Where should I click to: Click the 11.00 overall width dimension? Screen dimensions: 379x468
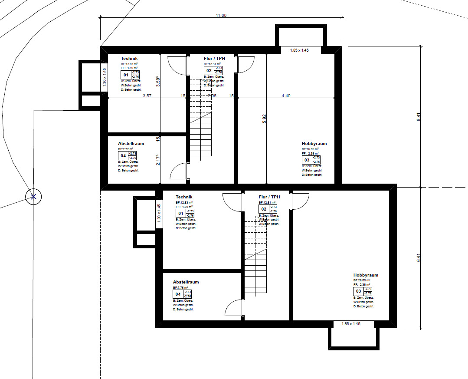tap(221, 15)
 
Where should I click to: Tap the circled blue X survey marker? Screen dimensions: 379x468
tap(33, 197)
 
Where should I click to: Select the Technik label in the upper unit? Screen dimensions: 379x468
tap(129, 59)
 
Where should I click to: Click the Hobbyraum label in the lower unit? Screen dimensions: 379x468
tap(366, 275)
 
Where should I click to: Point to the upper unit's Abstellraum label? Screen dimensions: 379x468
tap(131, 144)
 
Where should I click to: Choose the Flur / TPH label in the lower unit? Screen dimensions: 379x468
tap(269, 197)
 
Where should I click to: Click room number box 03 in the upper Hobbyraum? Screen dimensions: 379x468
tap(307, 160)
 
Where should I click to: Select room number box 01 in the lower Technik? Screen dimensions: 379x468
tap(180, 213)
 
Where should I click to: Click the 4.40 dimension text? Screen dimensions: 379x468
tap(286, 96)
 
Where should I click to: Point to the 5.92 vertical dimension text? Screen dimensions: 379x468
tap(264, 119)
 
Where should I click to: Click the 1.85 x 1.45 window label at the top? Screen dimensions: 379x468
tap(301, 50)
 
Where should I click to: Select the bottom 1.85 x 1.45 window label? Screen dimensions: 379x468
tap(351, 324)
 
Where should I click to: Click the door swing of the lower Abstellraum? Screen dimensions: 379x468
tap(233, 308)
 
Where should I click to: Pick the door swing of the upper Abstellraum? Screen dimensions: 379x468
tap(178, 171)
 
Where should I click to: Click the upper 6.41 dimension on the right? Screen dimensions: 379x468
tap(419, 117)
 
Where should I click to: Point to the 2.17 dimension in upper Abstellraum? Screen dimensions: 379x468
tap(158, 160)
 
